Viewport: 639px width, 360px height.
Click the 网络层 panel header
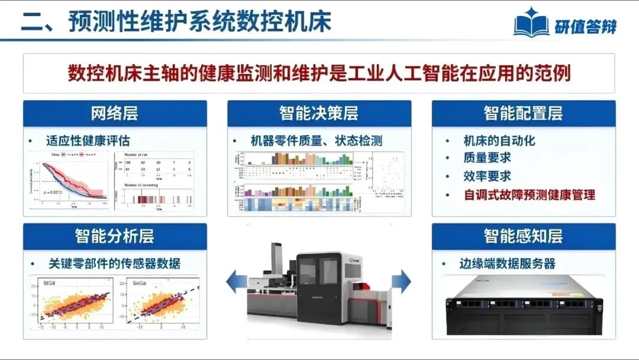click(115, 113)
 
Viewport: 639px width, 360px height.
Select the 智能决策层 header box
click(319, 113)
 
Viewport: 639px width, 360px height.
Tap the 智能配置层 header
click(523, 113)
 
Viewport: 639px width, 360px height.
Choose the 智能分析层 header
click(115, 236)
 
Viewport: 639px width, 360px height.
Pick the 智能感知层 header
click(523, 236)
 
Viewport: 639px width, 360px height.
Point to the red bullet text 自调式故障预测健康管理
click(529, 194)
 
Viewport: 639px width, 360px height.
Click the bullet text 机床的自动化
click(499, 140)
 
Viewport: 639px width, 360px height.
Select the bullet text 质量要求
click(487, 158)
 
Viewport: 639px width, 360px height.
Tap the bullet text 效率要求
click(487, 176)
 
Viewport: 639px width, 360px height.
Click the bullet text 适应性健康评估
click(88, 141)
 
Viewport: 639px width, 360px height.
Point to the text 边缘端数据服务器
click(507, 263)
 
